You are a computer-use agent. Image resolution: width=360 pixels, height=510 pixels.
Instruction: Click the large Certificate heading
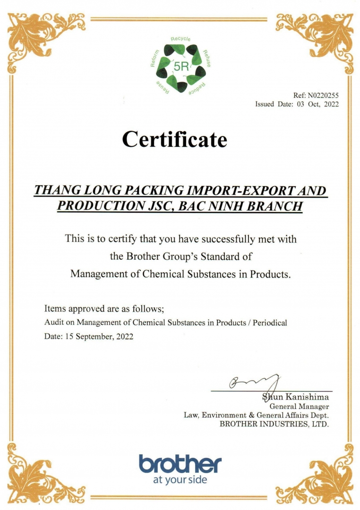pyautogui.click(x=174, y=139)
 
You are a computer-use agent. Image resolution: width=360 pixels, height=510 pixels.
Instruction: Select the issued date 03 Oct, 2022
pyautogui.click(x=318, y=104)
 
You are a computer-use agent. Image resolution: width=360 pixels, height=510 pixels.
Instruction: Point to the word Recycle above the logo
pyautogui.click(x=180, y=38)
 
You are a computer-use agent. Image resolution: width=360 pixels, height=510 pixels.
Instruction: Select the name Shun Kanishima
pyautogui.click(x=296, y=397)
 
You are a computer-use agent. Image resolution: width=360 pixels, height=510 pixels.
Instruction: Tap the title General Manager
pyautogui.click(x=299, y=406)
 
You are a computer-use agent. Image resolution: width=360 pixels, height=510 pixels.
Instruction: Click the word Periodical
pyautogui.click(x=270, y=323)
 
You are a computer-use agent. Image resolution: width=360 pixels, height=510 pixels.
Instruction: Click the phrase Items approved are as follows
pyautogui.click(x=104, y=309)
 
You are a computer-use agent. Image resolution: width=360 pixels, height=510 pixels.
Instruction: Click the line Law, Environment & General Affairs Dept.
pyautogui.click(x=256, y=415)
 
